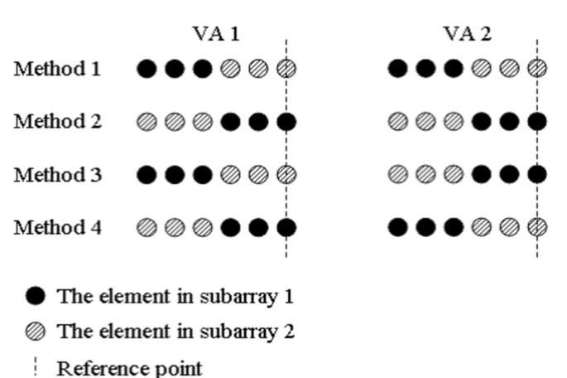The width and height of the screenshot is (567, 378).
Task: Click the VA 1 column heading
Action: tap(217, 34)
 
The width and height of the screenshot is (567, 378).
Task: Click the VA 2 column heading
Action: tap(467, 34)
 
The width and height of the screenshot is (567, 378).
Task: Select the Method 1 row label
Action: tap(57, 69)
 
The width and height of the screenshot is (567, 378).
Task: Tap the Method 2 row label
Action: tap(57, 123)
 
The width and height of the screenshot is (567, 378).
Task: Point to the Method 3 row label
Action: tap(57, 175)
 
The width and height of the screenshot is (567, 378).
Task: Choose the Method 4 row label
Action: tap(57, 227)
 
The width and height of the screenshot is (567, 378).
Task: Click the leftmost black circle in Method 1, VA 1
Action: tap(147, 69)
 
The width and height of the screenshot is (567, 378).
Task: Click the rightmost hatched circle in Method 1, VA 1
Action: tap(286, 69)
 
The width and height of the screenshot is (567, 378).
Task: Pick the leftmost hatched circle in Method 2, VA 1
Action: tap(147, 123)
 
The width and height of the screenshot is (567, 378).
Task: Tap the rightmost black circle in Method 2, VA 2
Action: tap(537, 123)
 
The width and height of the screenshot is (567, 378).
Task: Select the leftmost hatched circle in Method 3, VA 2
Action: tap(397, 175)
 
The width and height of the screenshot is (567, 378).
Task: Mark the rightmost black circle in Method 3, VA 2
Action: tap(537, 175)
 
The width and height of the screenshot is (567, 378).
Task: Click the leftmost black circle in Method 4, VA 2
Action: tap(397, 227)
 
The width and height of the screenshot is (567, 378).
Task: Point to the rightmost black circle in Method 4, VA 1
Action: tap(286, 227)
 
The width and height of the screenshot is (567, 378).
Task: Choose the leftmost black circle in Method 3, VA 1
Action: tap(147, 175)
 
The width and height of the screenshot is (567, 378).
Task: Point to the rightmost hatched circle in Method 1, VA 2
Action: tap(537, 69)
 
